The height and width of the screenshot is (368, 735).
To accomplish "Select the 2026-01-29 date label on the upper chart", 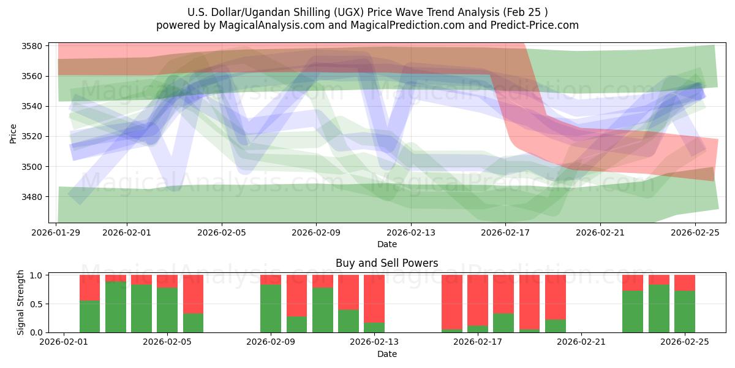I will (56, 232).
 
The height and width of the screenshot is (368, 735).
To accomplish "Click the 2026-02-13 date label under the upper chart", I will (410, 232).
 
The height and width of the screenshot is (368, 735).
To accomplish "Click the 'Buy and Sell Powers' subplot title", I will (386, 263).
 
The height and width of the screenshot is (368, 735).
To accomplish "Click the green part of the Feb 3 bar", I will (116, 307).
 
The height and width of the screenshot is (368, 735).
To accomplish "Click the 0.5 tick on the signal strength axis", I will (37, 304).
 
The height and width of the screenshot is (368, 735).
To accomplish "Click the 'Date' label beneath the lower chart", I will (386, 354).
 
